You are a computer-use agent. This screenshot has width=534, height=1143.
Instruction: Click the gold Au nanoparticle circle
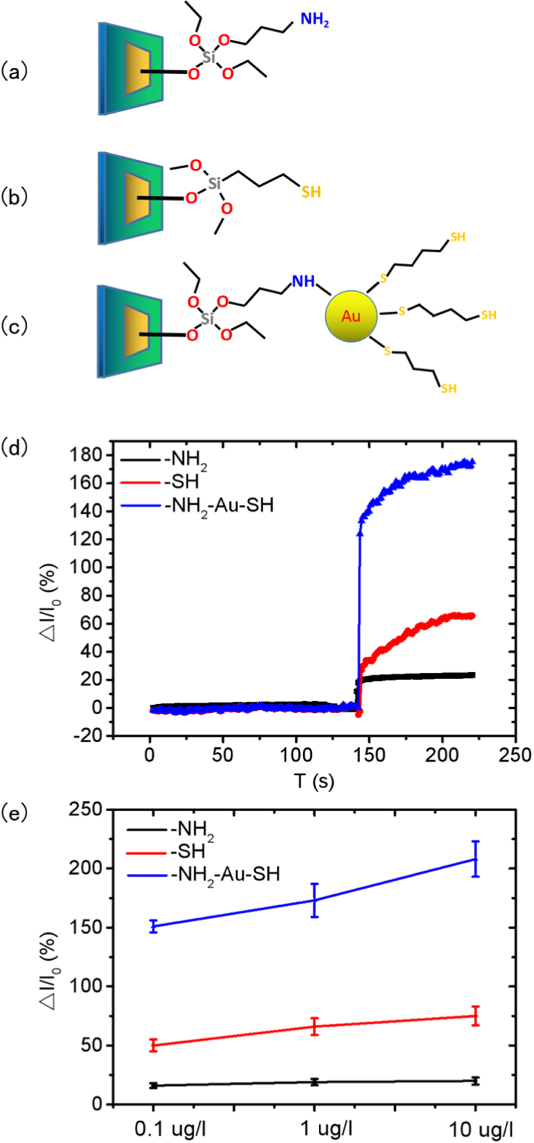pos(351,316)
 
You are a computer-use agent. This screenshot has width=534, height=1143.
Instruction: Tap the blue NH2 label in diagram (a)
pos(314,20)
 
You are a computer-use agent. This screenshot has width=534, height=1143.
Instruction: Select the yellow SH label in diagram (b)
pos(311,192)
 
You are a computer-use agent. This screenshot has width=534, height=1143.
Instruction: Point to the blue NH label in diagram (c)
pos(303,281)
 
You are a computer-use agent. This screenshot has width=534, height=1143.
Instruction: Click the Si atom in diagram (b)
pos(214,183)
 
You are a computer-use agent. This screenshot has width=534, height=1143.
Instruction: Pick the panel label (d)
pos(14,448)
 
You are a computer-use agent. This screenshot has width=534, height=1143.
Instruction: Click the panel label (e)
pos(14,814)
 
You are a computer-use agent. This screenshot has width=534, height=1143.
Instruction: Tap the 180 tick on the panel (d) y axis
pos(86,456)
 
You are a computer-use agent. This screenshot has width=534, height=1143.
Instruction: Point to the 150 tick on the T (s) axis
pos(369,755)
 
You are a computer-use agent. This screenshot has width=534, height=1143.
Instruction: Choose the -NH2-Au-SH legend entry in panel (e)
pos(225,874)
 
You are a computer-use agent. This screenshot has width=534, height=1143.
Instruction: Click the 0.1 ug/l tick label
pos(171,1129)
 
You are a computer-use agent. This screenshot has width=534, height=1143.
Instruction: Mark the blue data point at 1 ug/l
pos(315,900)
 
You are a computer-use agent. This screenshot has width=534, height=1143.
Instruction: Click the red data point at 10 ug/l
pos(475,1016)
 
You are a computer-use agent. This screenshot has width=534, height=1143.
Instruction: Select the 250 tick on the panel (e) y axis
pos(86,809)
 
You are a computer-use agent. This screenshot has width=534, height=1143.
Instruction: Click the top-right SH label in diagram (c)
pos(458,237)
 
